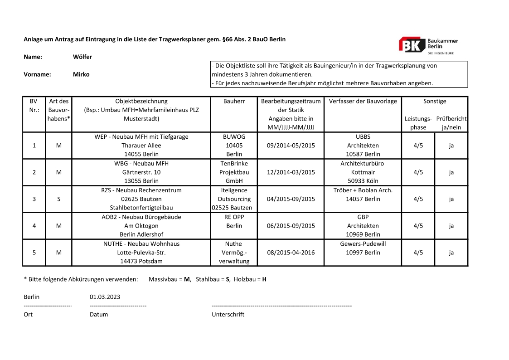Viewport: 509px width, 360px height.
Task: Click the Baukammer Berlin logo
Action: click(x=428, y=45)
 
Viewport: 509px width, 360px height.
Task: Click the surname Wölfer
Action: click(x=82, y=57)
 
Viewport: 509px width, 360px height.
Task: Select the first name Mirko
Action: click(x=81, y=74)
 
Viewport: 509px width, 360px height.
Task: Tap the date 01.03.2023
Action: click(x=105, y=297)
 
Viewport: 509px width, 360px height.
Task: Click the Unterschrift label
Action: click(x=228, y=314)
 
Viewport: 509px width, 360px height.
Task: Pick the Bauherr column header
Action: click(x=234, y=101)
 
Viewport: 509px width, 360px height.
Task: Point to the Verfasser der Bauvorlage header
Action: click(x=363, y=101)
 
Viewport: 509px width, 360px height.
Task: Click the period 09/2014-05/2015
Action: click(x=291, y=146)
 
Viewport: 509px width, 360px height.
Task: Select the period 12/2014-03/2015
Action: click(x=291, y=172)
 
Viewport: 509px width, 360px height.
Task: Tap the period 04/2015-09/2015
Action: click(x=291, y=199)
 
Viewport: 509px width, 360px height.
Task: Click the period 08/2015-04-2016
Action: click(x=291, y=253)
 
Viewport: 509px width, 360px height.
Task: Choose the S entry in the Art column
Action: click(x=58, y=199)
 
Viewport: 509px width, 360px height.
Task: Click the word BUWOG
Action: click(x=234, y=136)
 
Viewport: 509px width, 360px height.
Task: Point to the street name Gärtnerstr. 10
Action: click(x=141, y=172)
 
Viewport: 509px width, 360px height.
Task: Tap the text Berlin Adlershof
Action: click(x=141, y=234)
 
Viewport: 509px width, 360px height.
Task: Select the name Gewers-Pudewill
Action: click(x=363, y=243)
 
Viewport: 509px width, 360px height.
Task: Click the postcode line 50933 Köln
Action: click(x=363, y=181)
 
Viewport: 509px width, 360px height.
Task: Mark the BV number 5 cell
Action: click(x=34, y=253)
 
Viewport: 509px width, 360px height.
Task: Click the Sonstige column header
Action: click(x=435, y=101)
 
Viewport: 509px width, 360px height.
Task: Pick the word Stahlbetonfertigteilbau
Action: click(x=141, y=208)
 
